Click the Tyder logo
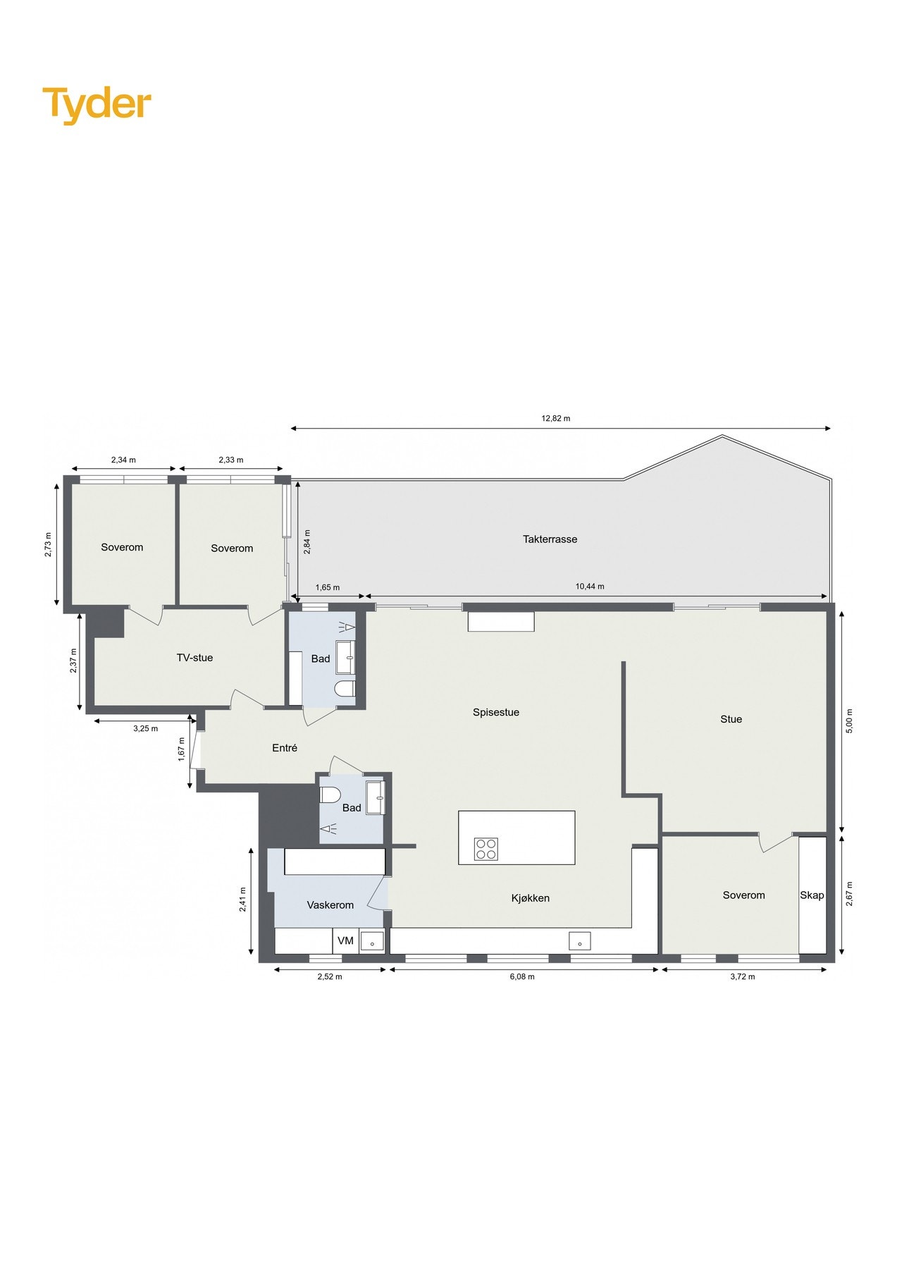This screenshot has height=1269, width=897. (97, 104)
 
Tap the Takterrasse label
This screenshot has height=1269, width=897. (550, 539)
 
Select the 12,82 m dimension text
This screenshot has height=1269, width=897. (556, 418)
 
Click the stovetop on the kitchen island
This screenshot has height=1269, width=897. (485, 849)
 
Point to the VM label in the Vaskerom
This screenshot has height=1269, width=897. (345, 940)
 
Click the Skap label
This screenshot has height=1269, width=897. (812, 895)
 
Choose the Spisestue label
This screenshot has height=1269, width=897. (496, 712)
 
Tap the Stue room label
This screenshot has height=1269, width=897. (731, 719)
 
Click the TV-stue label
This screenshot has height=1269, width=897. (194, 658)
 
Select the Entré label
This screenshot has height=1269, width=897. (285, 748)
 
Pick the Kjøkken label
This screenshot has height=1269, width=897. (531, 898)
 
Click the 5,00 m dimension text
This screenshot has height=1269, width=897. (849, 721)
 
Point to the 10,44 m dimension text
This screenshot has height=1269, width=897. (590, 587)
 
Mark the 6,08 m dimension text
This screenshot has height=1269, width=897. (522, 977)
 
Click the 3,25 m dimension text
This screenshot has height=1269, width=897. (146, 728)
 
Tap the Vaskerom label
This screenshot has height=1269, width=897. (330, 905)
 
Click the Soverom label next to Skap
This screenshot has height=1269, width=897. (743, 895)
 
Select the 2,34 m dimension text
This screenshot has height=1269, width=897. (123, 460)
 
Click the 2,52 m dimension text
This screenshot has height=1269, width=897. (330, 977)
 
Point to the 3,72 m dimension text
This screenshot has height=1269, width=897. (743, 977)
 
